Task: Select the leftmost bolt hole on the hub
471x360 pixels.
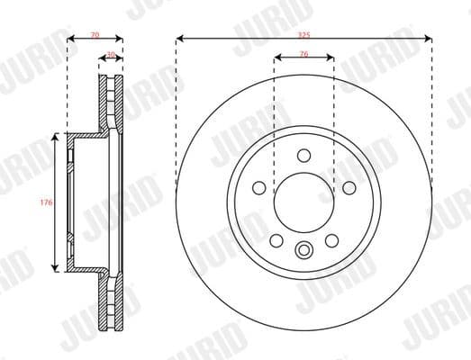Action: tap(259, 187)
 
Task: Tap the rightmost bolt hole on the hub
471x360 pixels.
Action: tap(348, 187)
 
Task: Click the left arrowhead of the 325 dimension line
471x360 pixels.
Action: tap(180, 39)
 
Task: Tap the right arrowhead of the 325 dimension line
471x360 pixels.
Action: tap(428, 39)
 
